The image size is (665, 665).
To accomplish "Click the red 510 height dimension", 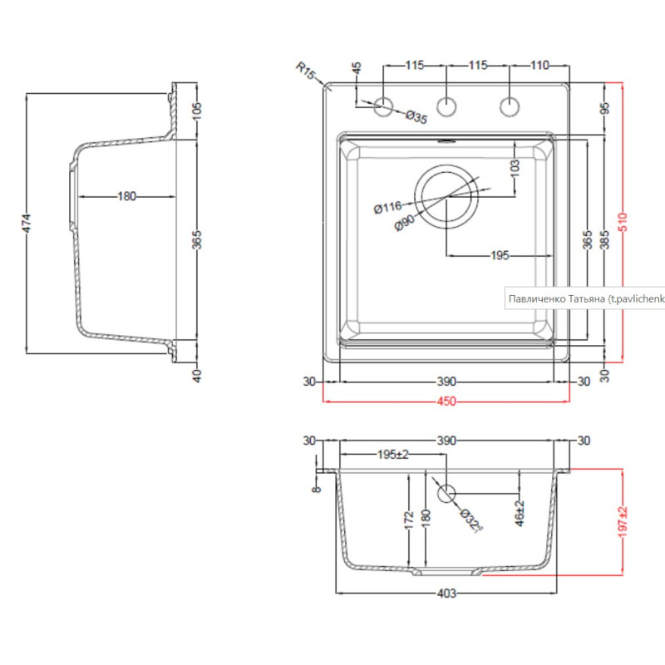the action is (623, 222).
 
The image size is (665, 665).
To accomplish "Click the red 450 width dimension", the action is (446, 401).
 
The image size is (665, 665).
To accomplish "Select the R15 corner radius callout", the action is (305, 71).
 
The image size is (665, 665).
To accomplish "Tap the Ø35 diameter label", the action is (416, 116).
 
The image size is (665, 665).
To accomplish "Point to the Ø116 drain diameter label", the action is (387, 207).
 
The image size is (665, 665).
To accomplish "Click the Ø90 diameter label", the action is (405, 223).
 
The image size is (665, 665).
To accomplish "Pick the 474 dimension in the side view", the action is (27, 223).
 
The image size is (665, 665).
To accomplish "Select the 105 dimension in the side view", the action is (197, 111).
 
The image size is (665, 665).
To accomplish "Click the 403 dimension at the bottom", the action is (446, 593).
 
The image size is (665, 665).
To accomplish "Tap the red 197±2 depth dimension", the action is (623, 522).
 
